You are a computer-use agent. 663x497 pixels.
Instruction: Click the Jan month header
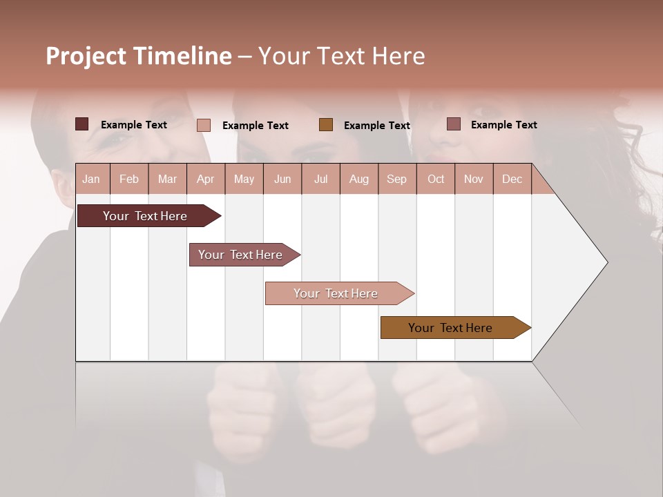91,179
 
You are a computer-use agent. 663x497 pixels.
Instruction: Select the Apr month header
205,179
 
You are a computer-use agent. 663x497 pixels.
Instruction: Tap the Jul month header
320,179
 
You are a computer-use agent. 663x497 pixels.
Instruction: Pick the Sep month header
396,179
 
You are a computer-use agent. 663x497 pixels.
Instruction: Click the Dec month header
512,179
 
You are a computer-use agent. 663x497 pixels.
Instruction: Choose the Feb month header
129,179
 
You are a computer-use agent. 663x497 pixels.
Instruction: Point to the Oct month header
436,179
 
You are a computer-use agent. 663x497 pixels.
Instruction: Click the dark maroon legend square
82,124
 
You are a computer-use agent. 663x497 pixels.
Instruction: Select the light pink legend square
204,125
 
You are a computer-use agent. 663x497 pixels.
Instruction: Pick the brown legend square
326,124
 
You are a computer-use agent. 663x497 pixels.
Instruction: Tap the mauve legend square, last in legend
453,124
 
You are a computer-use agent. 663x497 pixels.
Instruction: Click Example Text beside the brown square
376,125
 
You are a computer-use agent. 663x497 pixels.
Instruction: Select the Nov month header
474,179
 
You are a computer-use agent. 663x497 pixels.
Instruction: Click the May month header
244,179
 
